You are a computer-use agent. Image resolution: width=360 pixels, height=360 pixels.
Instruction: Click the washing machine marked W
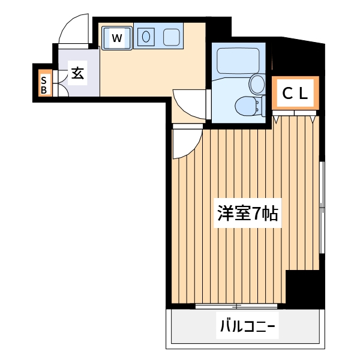(116, 38)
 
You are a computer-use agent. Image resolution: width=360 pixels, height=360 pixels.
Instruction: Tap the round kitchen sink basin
(146, 37)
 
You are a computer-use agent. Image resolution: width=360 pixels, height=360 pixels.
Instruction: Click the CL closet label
(295, 93)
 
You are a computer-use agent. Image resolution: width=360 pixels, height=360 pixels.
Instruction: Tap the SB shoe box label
(44, 85)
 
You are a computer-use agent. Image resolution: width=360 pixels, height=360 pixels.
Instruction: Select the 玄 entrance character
(77, 73)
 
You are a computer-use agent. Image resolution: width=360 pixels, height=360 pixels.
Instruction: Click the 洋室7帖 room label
(247, 214)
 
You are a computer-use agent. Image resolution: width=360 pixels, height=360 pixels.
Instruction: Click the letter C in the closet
(287, 93)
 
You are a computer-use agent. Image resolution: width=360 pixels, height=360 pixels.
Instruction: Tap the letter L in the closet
(304, 93)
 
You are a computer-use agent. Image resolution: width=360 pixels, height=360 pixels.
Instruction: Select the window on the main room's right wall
(322, 207)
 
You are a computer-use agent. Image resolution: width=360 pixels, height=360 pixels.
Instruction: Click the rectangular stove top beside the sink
(172, 37)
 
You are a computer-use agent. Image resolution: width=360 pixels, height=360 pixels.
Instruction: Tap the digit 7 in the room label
(257, 214)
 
